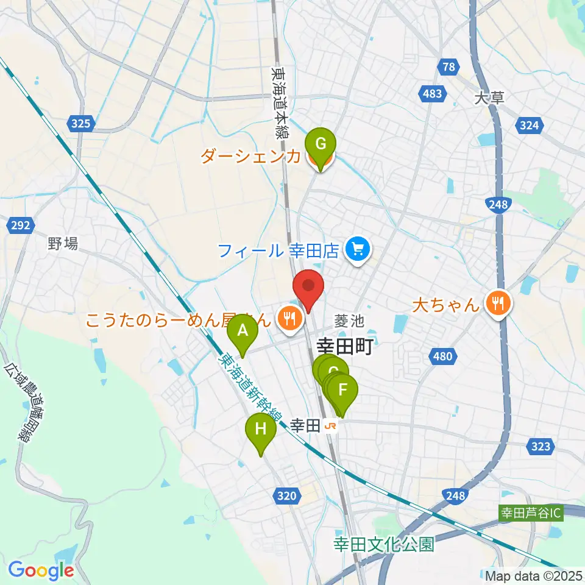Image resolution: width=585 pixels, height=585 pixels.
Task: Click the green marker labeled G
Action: coord(320,146)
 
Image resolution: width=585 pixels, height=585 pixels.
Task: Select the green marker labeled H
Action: coord(260,430)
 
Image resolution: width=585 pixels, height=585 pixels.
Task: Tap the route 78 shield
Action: coord(448,66)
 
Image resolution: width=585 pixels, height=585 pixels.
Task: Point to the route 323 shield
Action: coord(541,447)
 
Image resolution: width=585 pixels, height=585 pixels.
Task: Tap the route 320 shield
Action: coord(287,496)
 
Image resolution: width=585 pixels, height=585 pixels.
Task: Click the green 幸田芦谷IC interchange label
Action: coord(530,512)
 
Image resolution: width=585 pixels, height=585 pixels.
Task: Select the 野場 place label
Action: coord(63,244)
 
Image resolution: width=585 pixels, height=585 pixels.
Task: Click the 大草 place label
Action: coord(489,97)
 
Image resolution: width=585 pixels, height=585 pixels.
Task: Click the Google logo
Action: coord(41,571)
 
